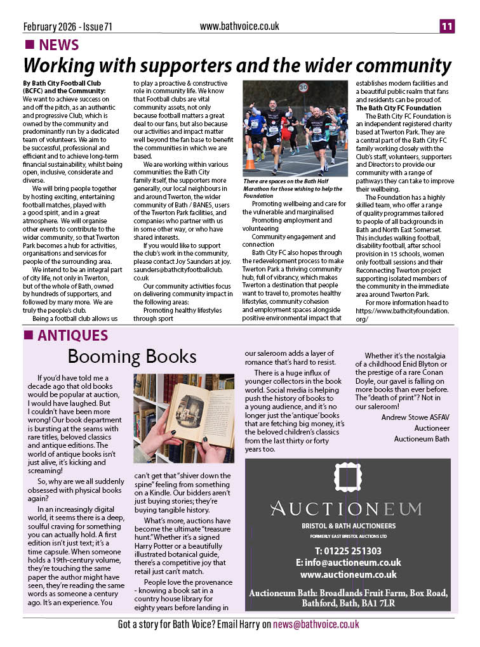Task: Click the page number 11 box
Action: point(447,26)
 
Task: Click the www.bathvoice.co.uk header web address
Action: point(239,26)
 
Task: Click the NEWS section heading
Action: point(58,45)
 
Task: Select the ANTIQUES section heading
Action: point(72,336)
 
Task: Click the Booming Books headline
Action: point(132,356)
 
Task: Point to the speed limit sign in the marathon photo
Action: point(303,88)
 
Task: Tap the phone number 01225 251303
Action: point(348,551)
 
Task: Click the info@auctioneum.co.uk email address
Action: point(348,563)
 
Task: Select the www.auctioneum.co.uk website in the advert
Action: point(348,575)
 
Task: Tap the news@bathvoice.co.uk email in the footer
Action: point(316,625)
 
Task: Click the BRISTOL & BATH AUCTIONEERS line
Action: point(348,526)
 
